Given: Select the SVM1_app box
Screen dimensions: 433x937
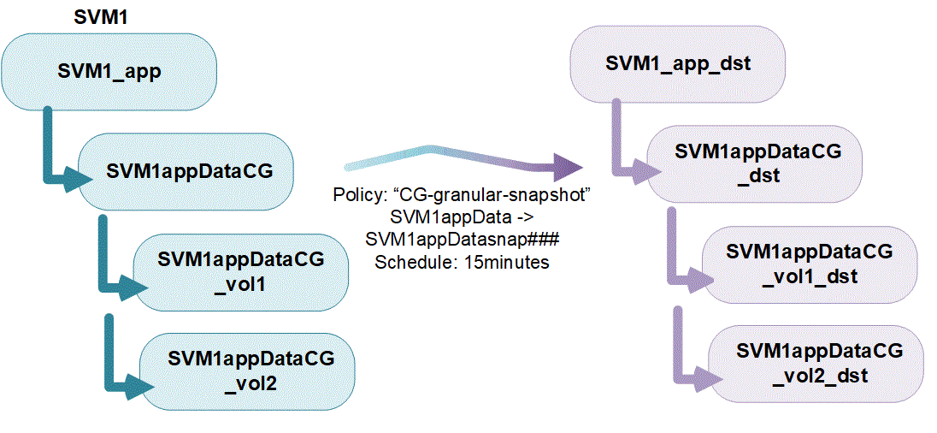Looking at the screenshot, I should (109, 72).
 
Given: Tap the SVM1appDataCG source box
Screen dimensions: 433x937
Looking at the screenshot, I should (189, 170).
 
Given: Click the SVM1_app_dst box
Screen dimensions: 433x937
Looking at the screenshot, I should (678, 64).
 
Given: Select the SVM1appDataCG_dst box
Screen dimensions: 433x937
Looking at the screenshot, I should (757, 163).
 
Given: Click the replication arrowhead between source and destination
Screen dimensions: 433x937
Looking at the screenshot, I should (565, 164).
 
